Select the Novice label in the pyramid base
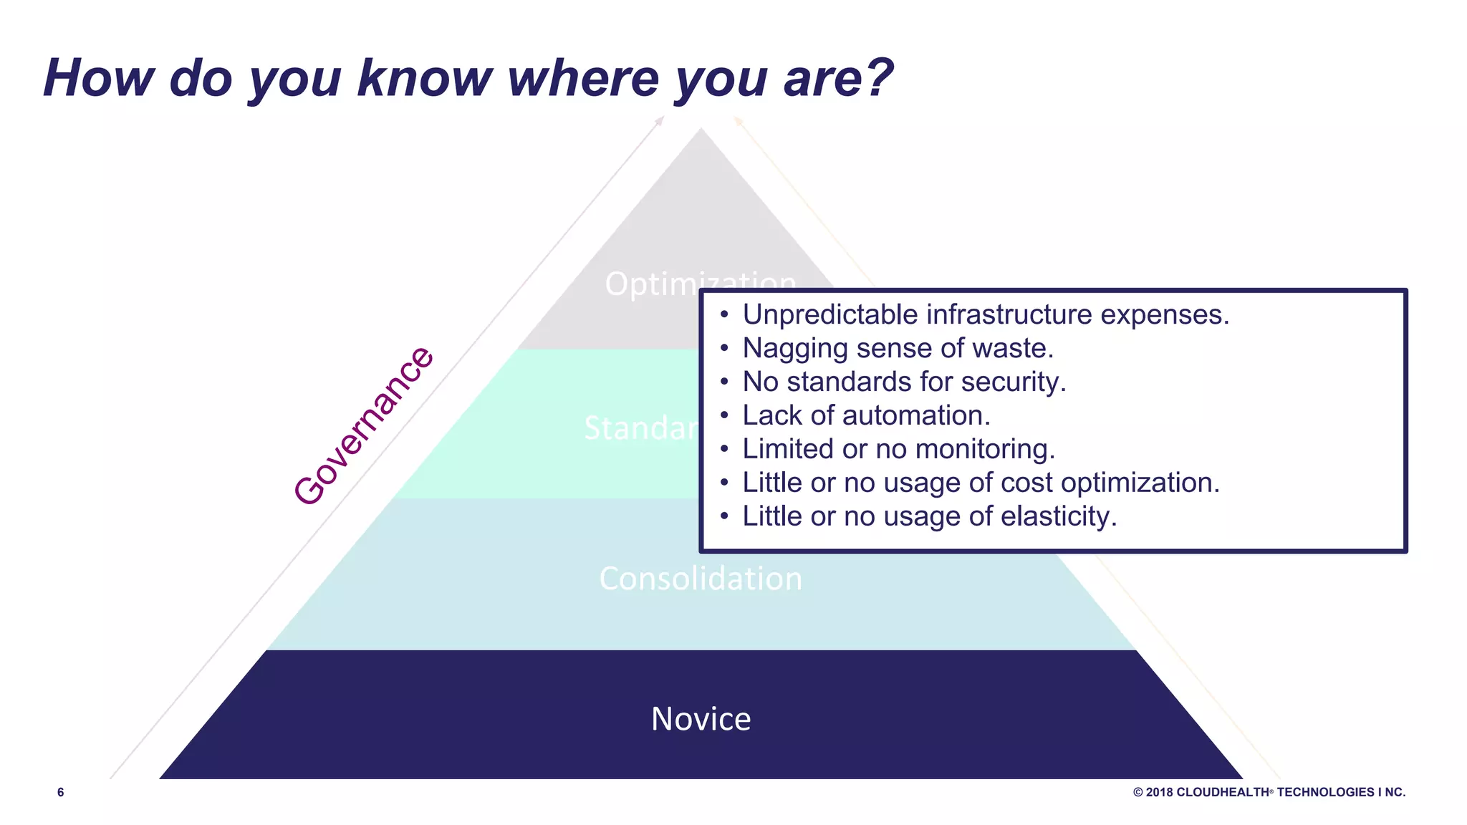point(701,718)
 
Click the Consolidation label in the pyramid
point(701,579)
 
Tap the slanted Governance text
point(364,426)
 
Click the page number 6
point(61,792)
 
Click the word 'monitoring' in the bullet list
point(984,450)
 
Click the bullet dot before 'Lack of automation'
point(724,415)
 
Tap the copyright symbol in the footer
point(1137,792)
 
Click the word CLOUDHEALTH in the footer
point(1222,792)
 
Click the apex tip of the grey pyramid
point(701,130)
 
